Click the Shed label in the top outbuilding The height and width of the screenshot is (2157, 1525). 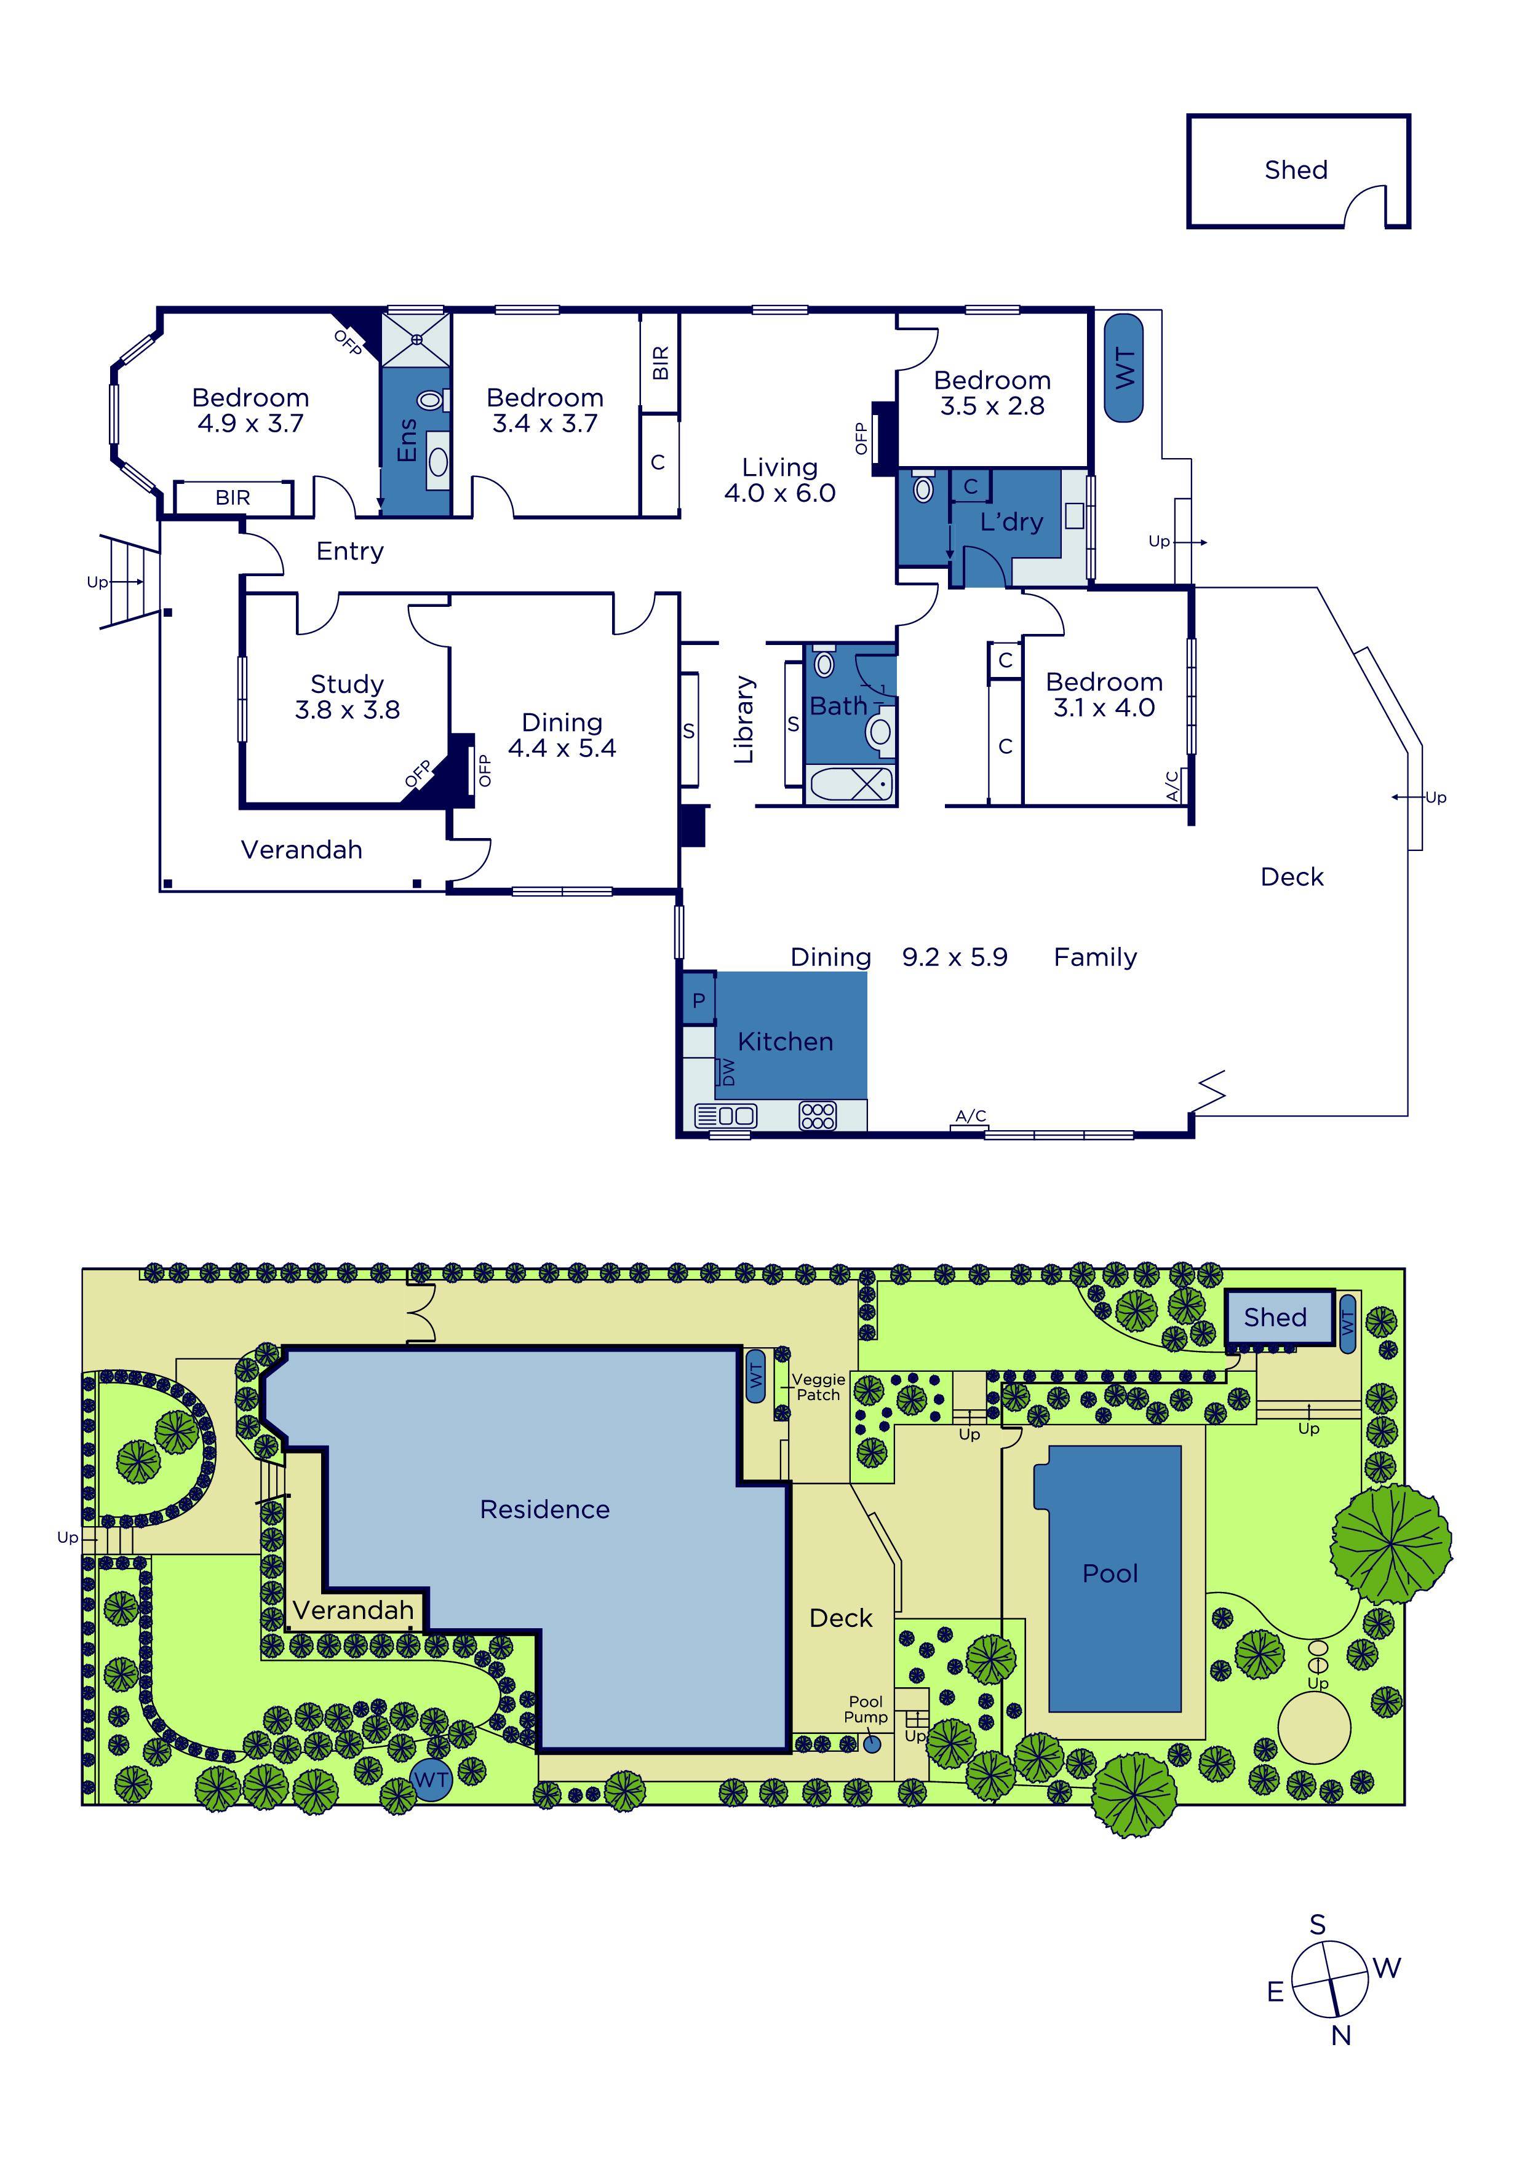pyautogui.click(x=1296, y=170)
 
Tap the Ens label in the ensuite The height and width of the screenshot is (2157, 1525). pyautogui.click(x=407, y=440)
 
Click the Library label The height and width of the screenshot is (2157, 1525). pyautogui.click(x=744, y=719)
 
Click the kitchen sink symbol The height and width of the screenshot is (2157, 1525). pyautogui.click(x=725, y=1116)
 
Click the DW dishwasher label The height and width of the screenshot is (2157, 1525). pyautogui.click(x=727, y=1071)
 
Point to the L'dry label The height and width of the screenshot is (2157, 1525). pyautogui.click(x=1011, y=521)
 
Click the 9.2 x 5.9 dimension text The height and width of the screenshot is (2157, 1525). pyautogui.click(x=955, y=957)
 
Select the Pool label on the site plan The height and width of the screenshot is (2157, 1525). pyautogui.click(x=1110, y=1573)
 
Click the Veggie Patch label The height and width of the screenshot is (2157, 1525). pyautogui.click(x=818, y=1387)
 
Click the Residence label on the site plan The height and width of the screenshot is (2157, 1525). pyautogui.click(x=545, y=1510)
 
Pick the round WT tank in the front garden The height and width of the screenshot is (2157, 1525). pyautogui.click(x=431, y=1779)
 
